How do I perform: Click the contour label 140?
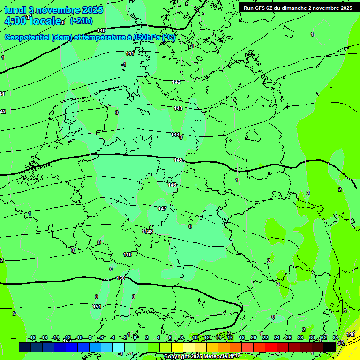point(101,31)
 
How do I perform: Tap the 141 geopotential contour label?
point(130,54)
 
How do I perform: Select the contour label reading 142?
point(176,82)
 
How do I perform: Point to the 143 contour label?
point(178,108)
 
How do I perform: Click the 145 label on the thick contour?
point(178,160)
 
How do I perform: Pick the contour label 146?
point(172,185)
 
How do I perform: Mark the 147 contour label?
point(162,209)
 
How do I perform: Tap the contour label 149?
point(127,255)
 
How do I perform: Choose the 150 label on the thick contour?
point(120,278)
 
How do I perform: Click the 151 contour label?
point(97,307)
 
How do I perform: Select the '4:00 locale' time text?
point(33,21)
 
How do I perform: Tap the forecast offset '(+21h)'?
point(81,21)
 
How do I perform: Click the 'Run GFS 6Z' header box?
point(298,8)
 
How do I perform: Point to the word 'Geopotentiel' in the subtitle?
point(27,37)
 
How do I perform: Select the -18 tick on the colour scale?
point(32,337)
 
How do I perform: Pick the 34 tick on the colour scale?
point(336,337)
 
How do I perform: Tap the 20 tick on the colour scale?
point(254,337)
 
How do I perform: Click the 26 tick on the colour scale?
point(289,337)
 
